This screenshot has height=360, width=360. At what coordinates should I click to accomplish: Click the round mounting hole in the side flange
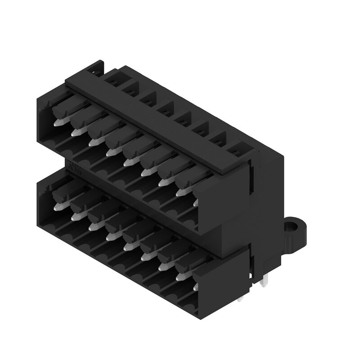click(x=293, y=224)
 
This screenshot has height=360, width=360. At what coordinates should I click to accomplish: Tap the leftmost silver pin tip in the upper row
click(x=58, y=122)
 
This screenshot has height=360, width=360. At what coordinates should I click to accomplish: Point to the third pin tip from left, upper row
click(x=93, y=143)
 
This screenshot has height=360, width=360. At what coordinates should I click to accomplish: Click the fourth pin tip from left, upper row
click(x=109, y=153)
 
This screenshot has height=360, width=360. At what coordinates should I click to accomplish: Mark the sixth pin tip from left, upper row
click(x=145, y=173)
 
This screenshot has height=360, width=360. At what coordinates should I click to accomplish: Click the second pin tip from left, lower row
click(x=75, y=217)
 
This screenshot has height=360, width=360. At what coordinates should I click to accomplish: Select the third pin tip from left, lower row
click(x=92, y=227)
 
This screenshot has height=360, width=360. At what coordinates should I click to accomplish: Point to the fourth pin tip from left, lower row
click(x=109, y=237)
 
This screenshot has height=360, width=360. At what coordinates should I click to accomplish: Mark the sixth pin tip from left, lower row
click(x=144, y=257)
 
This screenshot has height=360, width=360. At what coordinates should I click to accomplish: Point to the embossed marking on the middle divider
click(x=75, y=170)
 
